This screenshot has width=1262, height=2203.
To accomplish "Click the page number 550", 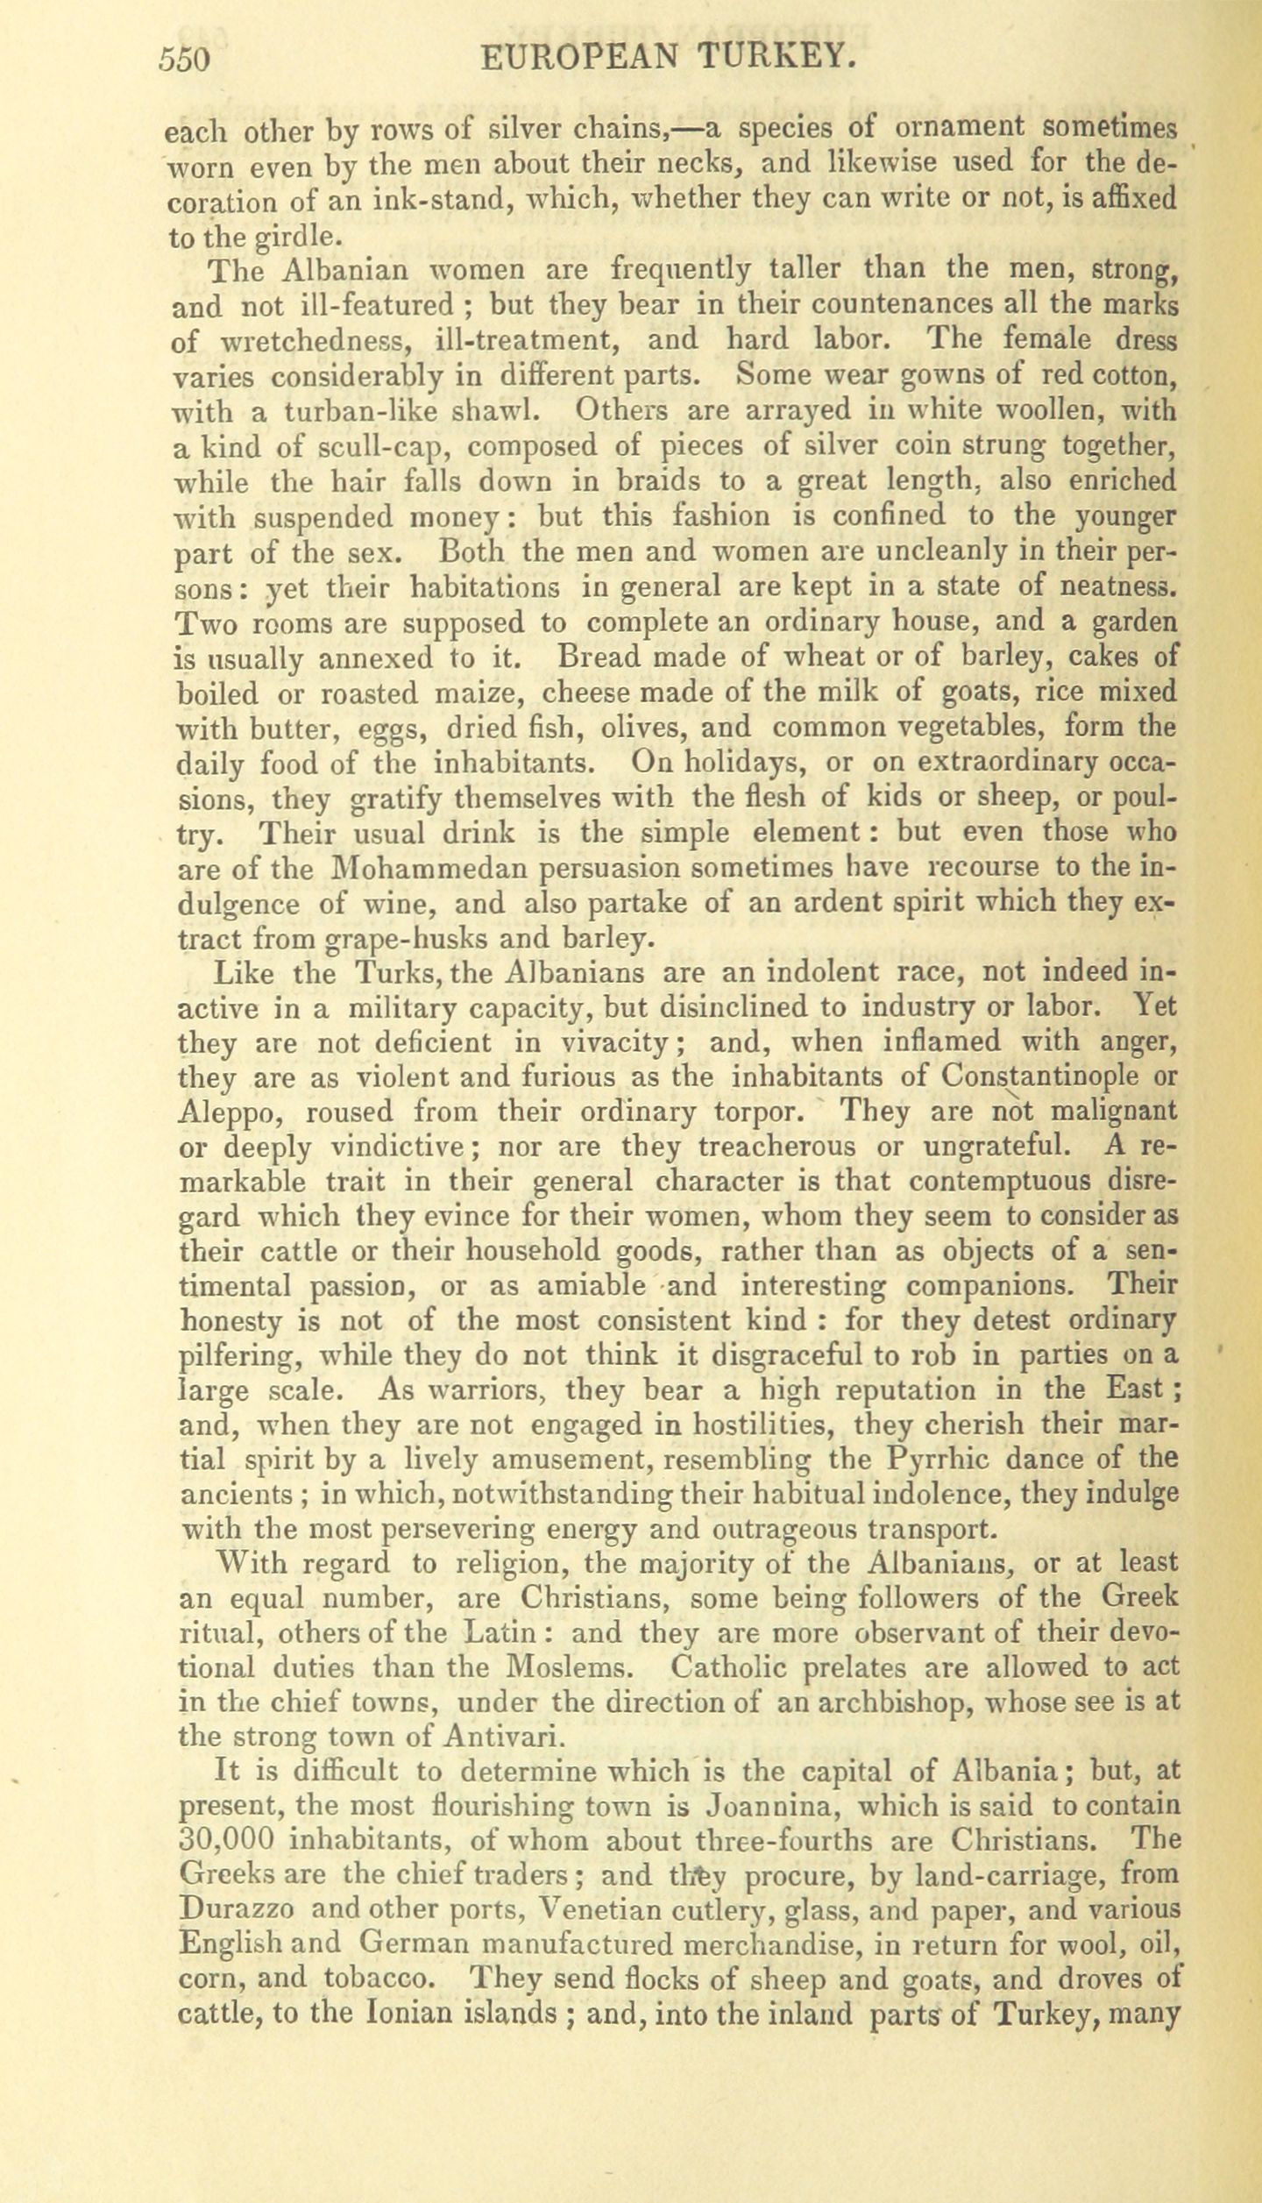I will click(x=185, y=59).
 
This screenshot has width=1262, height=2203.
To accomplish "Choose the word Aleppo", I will click(x=230, y=1112).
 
